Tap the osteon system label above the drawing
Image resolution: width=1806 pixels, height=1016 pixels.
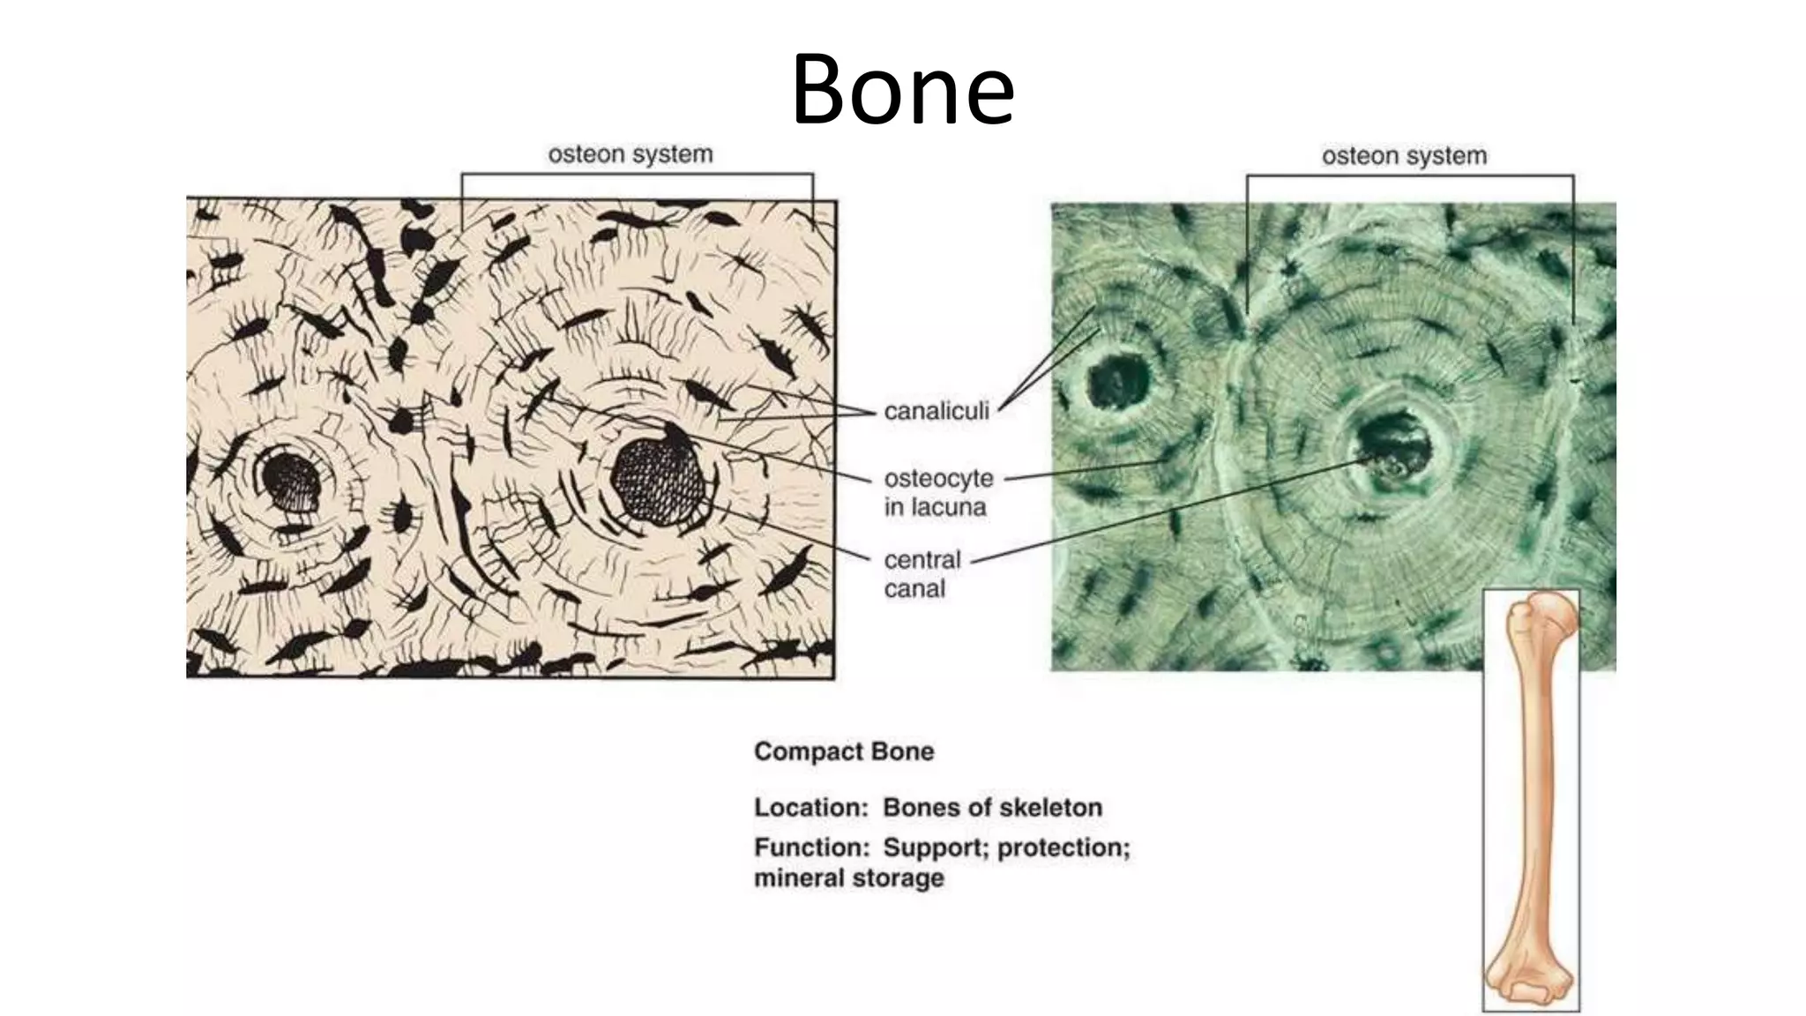(630, 154)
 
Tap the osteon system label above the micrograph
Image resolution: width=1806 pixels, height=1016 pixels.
(1404, 156)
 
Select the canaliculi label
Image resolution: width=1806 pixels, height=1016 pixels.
(936, 411)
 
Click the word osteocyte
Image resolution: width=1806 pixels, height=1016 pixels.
(938, 478)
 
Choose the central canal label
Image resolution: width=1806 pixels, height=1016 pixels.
(922, 574)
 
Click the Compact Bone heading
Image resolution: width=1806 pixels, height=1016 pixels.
(844, 751)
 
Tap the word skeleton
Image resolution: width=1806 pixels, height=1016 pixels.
(1053, 807)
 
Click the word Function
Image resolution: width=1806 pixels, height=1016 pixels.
(811, 848)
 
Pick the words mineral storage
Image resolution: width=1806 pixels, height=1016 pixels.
(848, 878)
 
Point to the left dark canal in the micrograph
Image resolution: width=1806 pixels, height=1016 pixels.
(1117, 382)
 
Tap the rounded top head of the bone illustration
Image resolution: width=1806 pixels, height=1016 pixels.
(1549, 614)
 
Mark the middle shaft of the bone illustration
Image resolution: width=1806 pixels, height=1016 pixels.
(1531, 794)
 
